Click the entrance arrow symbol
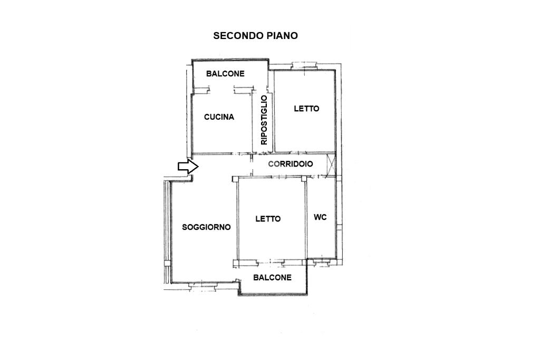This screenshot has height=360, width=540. [188, 167]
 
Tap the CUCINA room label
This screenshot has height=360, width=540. [219, 117]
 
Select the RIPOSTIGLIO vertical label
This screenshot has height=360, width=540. [264, 120]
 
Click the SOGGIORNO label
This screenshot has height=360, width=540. [206, 227]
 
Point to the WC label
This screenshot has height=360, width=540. [320, 217]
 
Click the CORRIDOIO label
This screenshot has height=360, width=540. [291, 164]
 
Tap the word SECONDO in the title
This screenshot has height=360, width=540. [238, 36]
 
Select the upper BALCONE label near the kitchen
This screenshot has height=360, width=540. [225, 73]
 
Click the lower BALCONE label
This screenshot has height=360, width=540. [273, 277]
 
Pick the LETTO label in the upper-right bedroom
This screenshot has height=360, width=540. [306, 109]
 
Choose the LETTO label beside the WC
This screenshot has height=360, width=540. [268, 219]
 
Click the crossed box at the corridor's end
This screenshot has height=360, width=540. [331, 164]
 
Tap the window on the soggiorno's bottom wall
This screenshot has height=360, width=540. [203, 285]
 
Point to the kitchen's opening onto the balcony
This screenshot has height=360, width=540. [222, 90]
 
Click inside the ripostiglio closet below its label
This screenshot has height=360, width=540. [263, 149]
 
